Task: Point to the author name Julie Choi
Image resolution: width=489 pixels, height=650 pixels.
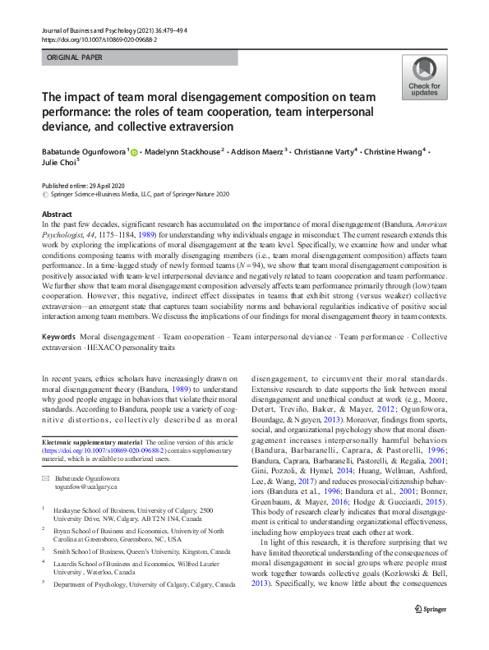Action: [x=58, y=162]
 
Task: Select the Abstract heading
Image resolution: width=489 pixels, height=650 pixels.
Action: [x=56, y=214]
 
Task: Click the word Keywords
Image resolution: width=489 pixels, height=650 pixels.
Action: [x=58, y=337]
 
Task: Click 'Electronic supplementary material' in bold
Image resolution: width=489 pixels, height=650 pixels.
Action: [x=91, y=443]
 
